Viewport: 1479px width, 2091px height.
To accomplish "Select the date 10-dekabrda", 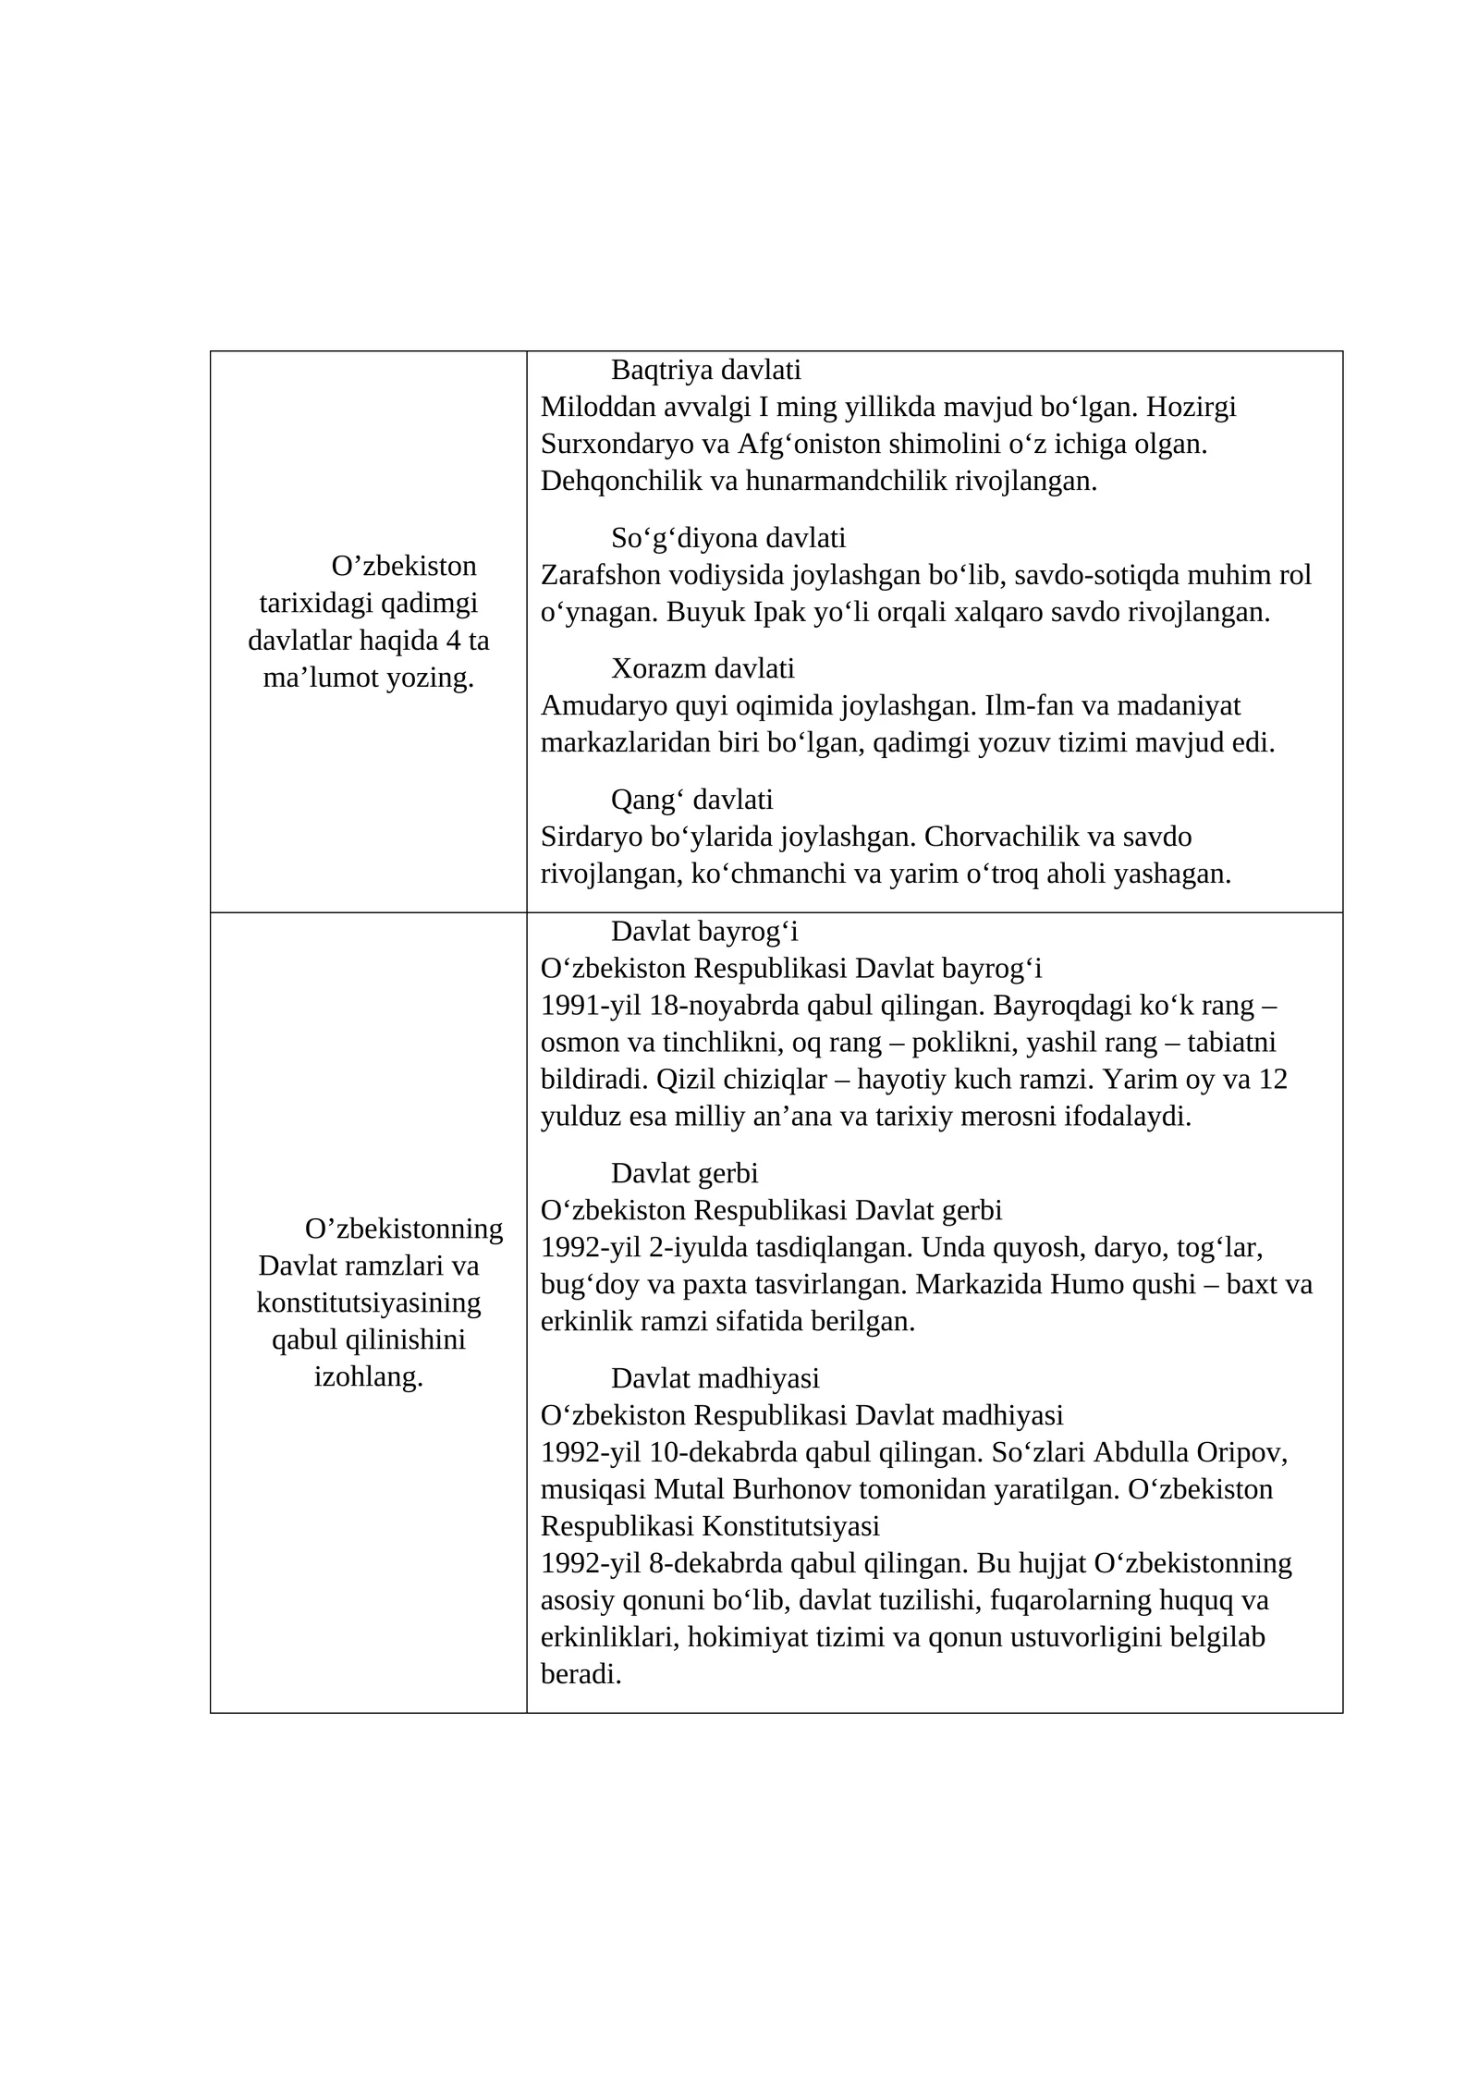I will (724, 1452).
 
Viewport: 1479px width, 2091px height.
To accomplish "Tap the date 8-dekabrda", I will (716, 1563).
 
